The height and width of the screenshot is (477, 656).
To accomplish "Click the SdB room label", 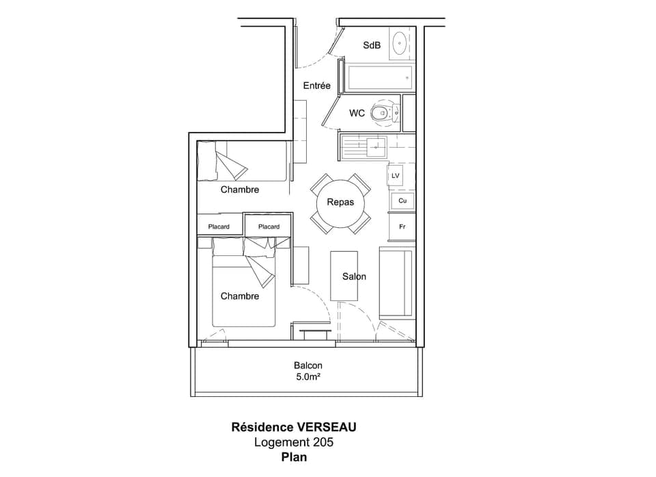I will [x=372, y=45].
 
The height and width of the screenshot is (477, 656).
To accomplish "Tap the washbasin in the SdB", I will [x=400, y=44].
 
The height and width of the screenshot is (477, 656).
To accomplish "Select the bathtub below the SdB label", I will [x=380, y=78].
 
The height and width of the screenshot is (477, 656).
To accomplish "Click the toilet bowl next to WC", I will [x=380, y=113].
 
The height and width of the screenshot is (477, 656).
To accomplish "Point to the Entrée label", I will [x=316, y=86].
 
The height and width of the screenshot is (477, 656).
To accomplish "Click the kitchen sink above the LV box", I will [x=375, y=145].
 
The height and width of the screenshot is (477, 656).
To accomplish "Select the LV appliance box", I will [x=395, y=176].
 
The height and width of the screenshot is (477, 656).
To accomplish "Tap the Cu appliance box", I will [x=402, y=201].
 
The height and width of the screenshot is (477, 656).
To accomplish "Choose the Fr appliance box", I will [x=402, y=226].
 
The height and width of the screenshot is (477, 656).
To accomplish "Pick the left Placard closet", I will [x=219, y=227].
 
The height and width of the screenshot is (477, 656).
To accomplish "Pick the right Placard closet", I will [x=269, y=227].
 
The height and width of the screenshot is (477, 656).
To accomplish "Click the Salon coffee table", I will [x=345, y=276].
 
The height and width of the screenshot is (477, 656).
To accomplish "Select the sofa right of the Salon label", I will [x=396, y=284].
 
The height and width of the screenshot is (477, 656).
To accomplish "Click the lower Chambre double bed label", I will [x=239, y=296].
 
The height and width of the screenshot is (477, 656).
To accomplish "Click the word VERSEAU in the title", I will [x=327, y=427].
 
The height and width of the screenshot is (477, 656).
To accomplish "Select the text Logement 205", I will [x=294, y=442].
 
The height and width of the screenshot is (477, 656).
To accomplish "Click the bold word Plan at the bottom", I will [x=294, y=457].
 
